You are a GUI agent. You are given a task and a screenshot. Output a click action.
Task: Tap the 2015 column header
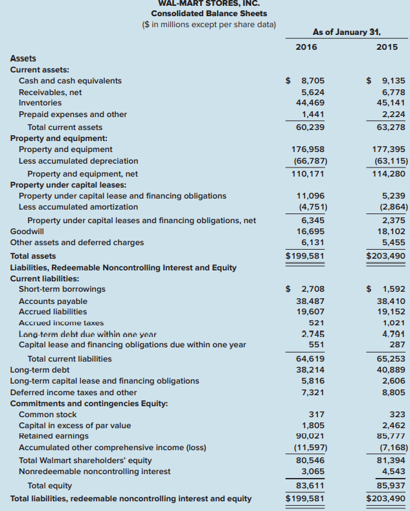tap(387, 47)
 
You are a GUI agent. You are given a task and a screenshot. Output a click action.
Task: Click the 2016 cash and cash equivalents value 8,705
tap(313, 81)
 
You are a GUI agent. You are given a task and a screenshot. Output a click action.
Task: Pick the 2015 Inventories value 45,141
tap(391, 103)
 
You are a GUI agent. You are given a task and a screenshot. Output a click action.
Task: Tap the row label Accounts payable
tap(53, 301)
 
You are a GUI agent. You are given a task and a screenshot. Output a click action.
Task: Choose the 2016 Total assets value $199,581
tap(305, 255)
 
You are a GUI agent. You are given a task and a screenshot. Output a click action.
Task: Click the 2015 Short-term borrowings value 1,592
tap(394, 289)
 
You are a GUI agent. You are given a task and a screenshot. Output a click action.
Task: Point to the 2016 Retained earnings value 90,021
tap(310, 436)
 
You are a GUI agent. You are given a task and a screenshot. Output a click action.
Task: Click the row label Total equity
tap(50, 485)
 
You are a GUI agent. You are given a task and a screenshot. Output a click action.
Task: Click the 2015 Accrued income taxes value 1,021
tap(394, 322)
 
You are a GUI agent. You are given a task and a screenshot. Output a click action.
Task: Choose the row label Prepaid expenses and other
tap(73, 114)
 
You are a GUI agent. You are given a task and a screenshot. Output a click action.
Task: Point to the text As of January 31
tap(347, 31)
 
